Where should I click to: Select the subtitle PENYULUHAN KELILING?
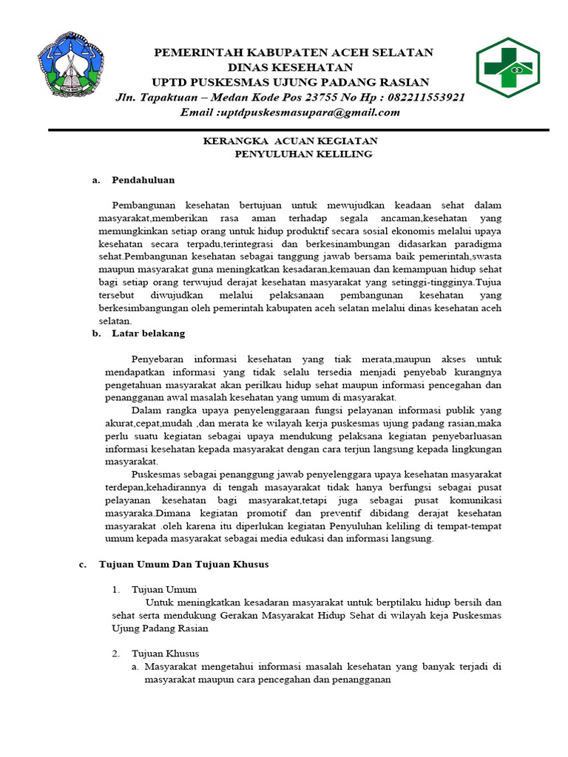(303, 154)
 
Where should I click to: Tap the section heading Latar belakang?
(148, 333)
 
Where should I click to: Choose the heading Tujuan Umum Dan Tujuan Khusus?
(183, 564)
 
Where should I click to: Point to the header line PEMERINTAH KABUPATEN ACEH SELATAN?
(292, 52)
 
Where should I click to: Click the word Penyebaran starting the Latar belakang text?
(160, 359)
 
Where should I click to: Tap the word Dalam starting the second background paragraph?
(145, 410)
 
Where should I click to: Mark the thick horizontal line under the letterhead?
(299, 129)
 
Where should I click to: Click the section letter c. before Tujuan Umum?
(83, 564)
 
